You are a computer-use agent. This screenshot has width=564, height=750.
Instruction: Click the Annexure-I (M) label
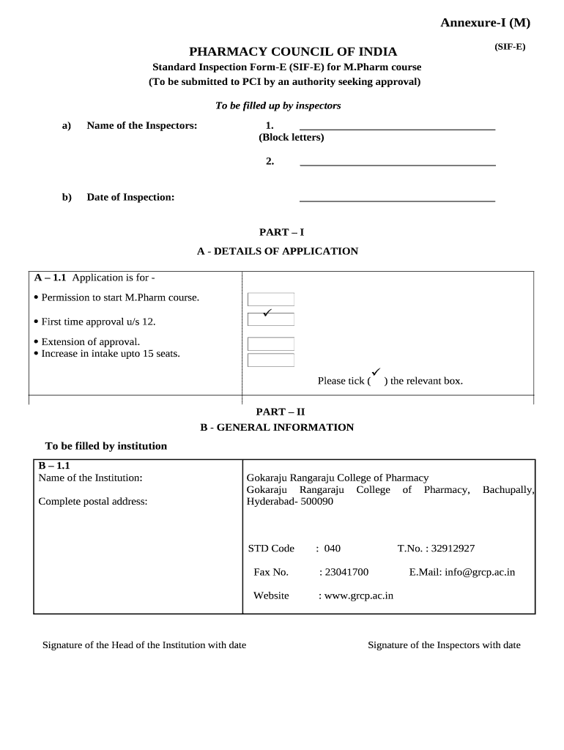tap(485, 23)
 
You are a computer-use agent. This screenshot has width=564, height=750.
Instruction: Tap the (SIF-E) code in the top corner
tap(509, 46)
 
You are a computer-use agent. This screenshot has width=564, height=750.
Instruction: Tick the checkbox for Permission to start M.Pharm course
tap(271, 299)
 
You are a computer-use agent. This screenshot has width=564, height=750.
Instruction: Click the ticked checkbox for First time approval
tap(271, 319)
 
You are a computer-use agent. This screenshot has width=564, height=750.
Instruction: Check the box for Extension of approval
tap(271, 344)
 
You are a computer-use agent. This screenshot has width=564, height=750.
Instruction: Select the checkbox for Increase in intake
tap(271, 360)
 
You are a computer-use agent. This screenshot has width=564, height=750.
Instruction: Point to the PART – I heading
tap(281, 232)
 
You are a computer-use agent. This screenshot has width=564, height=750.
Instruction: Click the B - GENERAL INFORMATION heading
tap(277, 427)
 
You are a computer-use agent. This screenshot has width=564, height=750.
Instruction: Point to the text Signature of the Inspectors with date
tap(444, 645)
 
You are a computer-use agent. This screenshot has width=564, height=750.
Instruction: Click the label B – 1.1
tap(53, 465)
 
